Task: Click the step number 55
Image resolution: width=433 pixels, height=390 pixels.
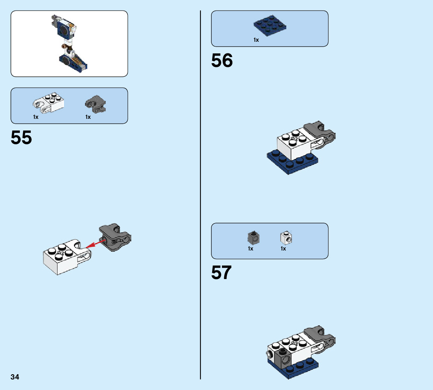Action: [21, 138]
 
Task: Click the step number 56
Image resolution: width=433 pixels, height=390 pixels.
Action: [222, 61]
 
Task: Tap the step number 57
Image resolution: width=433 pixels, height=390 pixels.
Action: [221, 273]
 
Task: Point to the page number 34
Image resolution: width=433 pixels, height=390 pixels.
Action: [15, 377]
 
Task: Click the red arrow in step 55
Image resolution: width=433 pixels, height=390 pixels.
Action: [95, 244]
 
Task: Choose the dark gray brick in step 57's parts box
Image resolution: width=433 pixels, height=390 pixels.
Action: [254, 237]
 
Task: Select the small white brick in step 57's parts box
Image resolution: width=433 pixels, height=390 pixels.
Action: [286, 237]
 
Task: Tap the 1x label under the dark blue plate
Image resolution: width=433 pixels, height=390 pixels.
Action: [256, 40]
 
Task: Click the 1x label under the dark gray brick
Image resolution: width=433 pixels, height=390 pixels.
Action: [251, 249]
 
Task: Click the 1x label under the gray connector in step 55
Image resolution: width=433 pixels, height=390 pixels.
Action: [88, 117]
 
